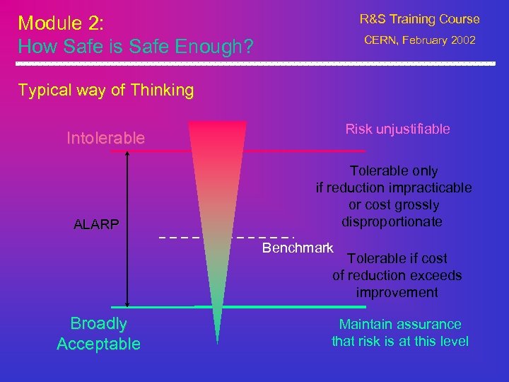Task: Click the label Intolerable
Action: (105, 138)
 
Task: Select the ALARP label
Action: (96, 225)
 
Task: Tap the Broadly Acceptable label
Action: (98, 334)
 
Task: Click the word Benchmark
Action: (298, 248)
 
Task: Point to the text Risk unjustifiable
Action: (397, 129)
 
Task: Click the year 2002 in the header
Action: (461, 40)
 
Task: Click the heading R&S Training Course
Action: (419, 19)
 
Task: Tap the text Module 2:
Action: (61, 23)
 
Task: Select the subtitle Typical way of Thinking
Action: (105, 90)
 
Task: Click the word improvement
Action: (397, 292)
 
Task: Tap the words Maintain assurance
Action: (399, 324)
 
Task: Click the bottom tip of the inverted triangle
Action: (217, 342)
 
